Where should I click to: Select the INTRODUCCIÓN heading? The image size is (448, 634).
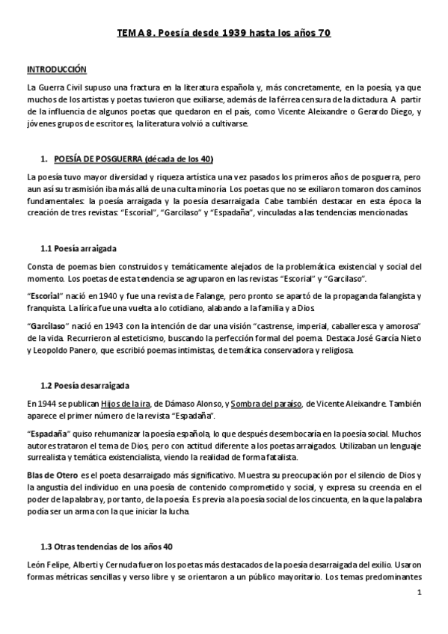[56, 69]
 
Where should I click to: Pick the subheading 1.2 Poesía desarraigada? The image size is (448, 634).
[85, 386]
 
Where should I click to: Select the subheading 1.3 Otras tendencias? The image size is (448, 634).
[106, 545]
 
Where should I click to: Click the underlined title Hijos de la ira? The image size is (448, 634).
[148, 404]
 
